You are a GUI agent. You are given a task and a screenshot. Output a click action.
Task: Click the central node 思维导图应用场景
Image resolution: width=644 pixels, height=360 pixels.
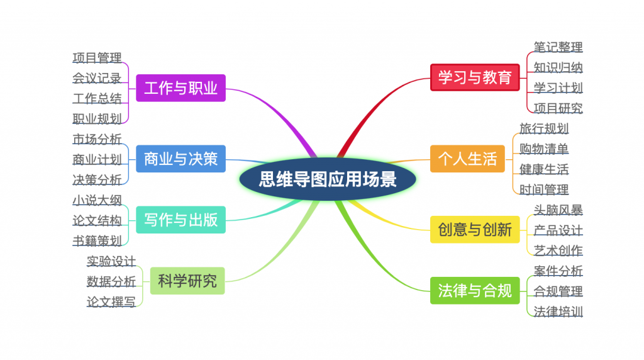328,179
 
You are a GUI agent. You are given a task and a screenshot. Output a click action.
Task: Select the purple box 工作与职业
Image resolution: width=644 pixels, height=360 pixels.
180,88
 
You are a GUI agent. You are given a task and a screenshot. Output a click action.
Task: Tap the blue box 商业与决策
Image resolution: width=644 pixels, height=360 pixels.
180,159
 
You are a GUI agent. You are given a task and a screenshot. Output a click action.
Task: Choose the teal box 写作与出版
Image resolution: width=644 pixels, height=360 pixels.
180,220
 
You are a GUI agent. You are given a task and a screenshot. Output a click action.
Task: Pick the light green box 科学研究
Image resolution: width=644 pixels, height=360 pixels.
187,281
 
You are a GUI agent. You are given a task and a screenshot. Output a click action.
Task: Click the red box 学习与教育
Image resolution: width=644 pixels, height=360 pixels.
475,77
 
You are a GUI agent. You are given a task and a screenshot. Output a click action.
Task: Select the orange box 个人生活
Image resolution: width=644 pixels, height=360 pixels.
467,159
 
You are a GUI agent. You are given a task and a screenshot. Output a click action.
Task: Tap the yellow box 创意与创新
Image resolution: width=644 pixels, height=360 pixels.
475,229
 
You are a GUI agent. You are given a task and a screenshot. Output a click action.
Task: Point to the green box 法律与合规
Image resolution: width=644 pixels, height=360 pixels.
475,291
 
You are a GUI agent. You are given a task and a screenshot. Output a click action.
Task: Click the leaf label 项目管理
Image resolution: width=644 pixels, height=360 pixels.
97,57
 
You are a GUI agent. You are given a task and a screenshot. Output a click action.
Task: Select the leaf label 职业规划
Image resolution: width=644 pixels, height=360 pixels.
97,119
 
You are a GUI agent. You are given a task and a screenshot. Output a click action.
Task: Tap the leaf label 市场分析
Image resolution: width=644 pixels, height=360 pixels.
97,139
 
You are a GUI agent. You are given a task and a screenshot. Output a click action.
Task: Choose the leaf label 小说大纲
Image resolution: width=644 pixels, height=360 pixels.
97,200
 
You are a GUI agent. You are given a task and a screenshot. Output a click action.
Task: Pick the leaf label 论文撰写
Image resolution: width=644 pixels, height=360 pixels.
111,301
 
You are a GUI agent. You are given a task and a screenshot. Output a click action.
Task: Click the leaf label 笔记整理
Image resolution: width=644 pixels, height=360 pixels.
558,47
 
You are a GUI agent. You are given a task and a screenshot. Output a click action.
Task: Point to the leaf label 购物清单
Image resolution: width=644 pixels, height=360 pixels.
544,149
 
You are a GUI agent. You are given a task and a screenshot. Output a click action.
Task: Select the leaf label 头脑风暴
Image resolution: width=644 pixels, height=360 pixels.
558,210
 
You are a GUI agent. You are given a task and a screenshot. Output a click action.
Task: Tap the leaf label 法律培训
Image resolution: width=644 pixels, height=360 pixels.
558,312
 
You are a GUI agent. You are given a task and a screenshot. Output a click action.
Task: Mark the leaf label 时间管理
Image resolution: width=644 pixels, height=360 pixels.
544,189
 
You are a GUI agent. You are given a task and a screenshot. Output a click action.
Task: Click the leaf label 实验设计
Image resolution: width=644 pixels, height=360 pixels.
111,261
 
